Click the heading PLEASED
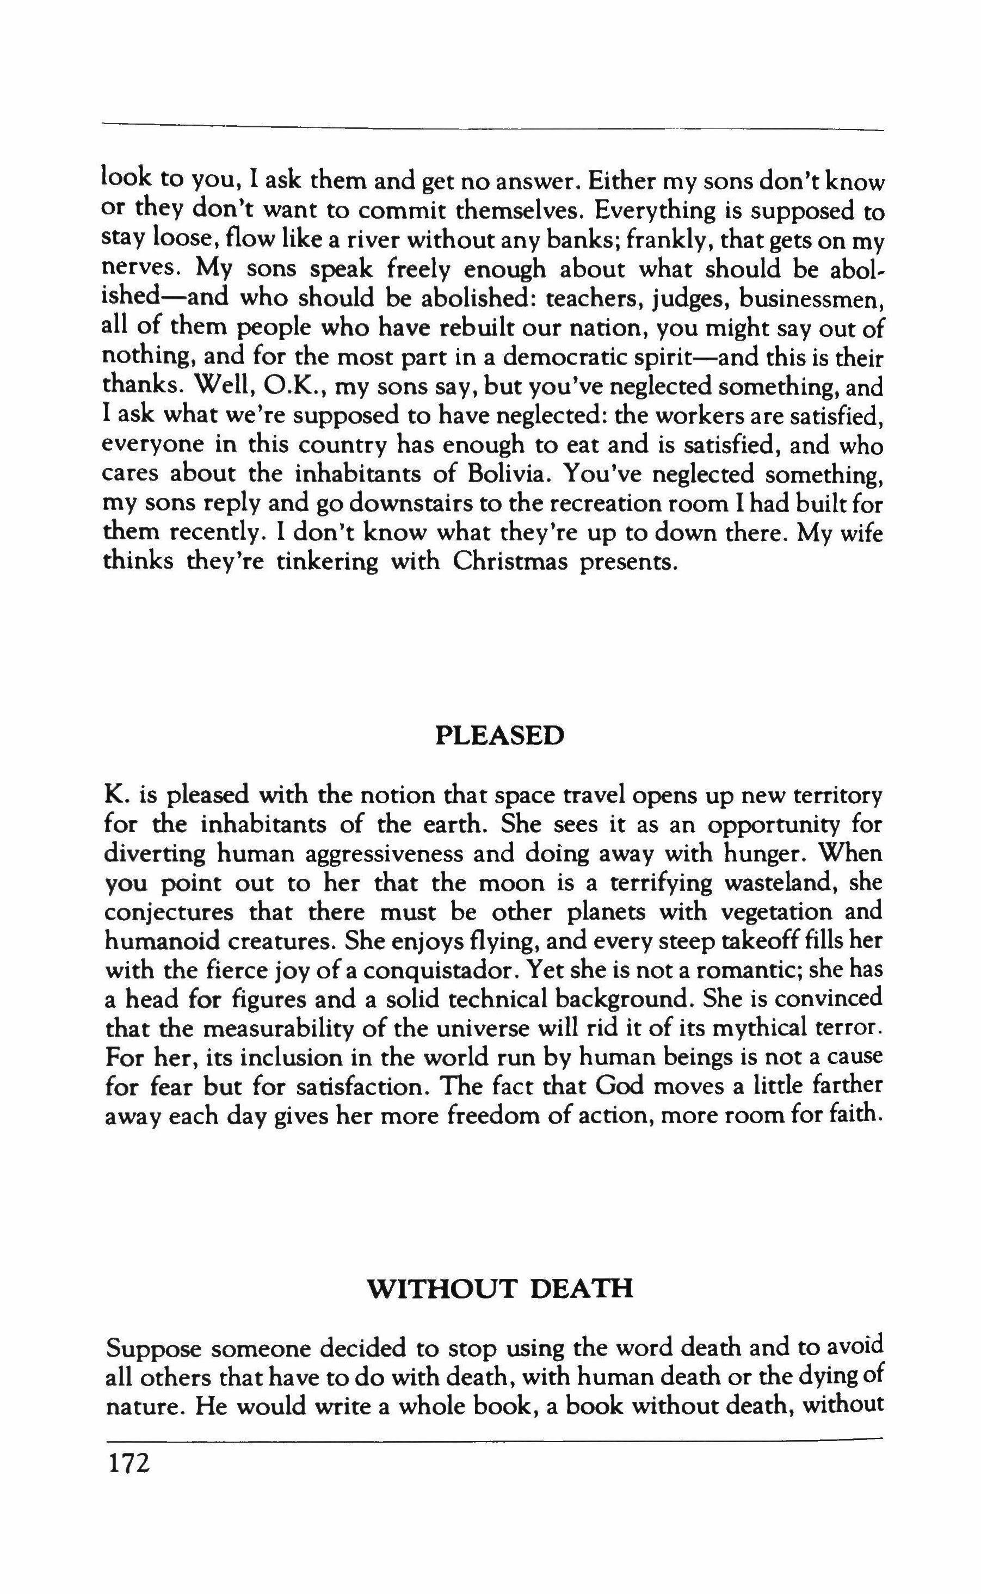(499, 736)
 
